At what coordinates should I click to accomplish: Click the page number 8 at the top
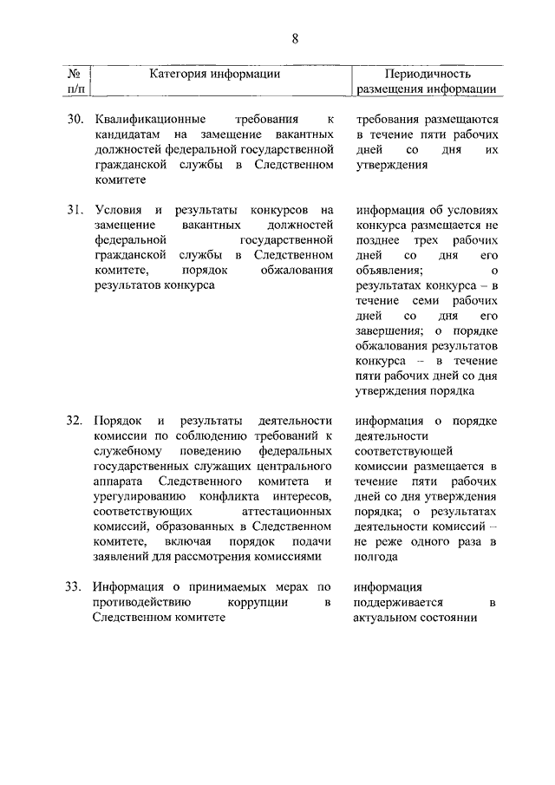pyautogui.click(x=295, y=38)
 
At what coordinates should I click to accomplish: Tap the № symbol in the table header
pyautogui.click(x=76, y=74)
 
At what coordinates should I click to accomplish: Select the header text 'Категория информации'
pyautogui.click(x=214, y=74)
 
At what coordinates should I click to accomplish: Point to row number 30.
pyautogui.click(x=75, y=118)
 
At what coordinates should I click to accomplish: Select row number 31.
pyautogui.click(x=75, y=210)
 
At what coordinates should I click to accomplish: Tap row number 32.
pyautogui.click(x=75, y=421)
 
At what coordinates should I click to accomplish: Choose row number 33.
pyautogui.click(x=75, y=586)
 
